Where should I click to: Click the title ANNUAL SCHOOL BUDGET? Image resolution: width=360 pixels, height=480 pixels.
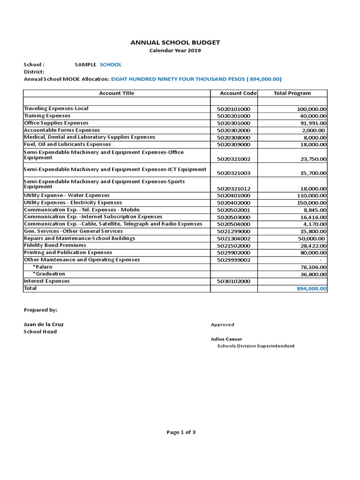[175, 43]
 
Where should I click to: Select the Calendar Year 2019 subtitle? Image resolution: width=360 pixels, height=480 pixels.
[175, 51]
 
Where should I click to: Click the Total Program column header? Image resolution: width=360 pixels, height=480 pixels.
[292, 93]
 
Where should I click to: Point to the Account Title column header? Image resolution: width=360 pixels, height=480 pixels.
[117, 93]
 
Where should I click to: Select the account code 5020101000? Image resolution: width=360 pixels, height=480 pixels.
[233, 109]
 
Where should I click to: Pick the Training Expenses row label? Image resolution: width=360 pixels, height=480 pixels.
[47, 116]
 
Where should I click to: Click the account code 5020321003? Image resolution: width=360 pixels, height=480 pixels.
[233, 173]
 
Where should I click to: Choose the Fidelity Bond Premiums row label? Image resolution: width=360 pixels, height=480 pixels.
[55, 246]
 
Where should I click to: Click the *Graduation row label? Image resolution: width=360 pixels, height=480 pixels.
[49, 274]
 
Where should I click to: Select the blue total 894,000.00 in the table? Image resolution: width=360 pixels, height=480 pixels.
[312, 289]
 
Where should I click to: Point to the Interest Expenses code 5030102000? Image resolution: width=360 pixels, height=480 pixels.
[233, 282]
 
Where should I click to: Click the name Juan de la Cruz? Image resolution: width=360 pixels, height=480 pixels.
[44, 324]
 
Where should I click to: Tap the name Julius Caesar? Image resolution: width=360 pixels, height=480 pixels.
[226, 339]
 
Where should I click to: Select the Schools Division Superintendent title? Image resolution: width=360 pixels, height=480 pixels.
[255, 346]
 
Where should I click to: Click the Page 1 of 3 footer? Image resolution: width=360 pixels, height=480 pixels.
[181, 432]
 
